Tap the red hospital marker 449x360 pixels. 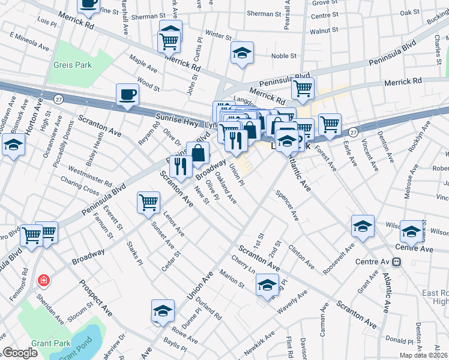[x=43, y=280]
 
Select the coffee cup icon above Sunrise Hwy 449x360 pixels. [x=127, y=94]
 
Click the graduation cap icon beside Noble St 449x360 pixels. [x=242, y=53]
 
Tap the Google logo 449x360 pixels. [x=20, y=353]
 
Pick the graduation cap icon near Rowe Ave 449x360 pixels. [x=162, y=310]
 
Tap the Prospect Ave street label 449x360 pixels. [x=97, y=299]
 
